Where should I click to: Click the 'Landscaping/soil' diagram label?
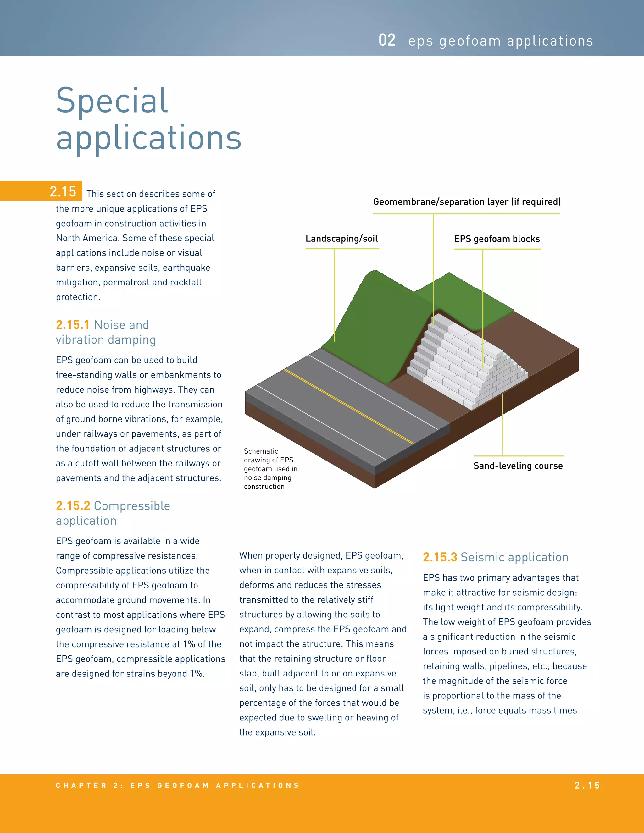[x=341, y=239]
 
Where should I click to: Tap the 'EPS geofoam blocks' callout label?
[x=497, y=239]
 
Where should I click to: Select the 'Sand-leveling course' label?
[x=518, y=466]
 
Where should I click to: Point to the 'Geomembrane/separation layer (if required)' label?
[x=467, y=202]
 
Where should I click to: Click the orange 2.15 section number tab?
[x=63, y=191]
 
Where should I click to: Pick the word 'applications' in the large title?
[x=148, y=138]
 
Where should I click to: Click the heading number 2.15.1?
[x=73, y=325]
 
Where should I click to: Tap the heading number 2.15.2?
[x=73, y=506]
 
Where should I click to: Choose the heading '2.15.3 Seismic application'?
[x=495, y=557]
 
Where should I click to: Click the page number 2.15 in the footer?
[x=587, y=785]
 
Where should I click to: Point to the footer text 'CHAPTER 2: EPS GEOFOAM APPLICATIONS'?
[x=177, y=785]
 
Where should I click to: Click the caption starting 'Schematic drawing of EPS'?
[x=270, y=469]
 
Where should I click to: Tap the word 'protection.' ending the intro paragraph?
[x=78, y=297]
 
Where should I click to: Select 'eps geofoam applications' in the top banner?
[x=500, y=41]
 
